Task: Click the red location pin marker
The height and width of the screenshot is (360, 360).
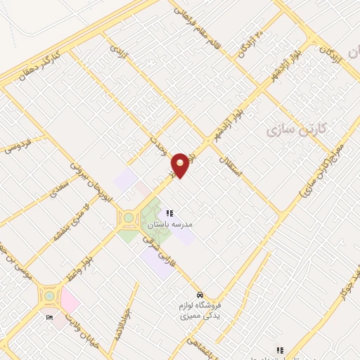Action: tap(181, 165)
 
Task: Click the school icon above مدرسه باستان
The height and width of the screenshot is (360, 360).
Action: tap(169, 213)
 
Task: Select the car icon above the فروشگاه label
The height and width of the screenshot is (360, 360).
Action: tap(200, 295)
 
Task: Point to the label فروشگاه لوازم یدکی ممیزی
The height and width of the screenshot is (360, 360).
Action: tap(200, 310)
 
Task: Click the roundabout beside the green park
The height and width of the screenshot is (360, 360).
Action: tap(129, 217)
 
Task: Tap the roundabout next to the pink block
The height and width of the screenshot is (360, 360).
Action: tap(49, 296)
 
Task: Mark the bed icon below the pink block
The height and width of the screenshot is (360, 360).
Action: tap(49, 318)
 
